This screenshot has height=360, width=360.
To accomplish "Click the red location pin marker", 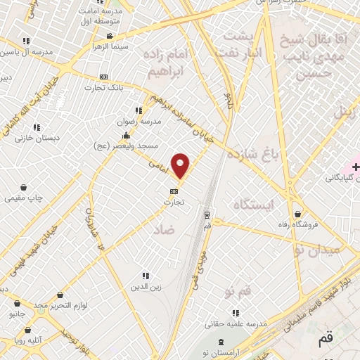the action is click(x=181, y=166).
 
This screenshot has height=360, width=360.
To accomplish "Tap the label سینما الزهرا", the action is click(x=109, y=46).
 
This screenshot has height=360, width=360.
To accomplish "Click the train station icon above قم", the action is click(x=207, y=215).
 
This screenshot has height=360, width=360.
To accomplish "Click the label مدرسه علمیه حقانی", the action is click(x=234, y=324).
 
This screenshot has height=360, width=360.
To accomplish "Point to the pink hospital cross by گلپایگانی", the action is click(x=356, y=167).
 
